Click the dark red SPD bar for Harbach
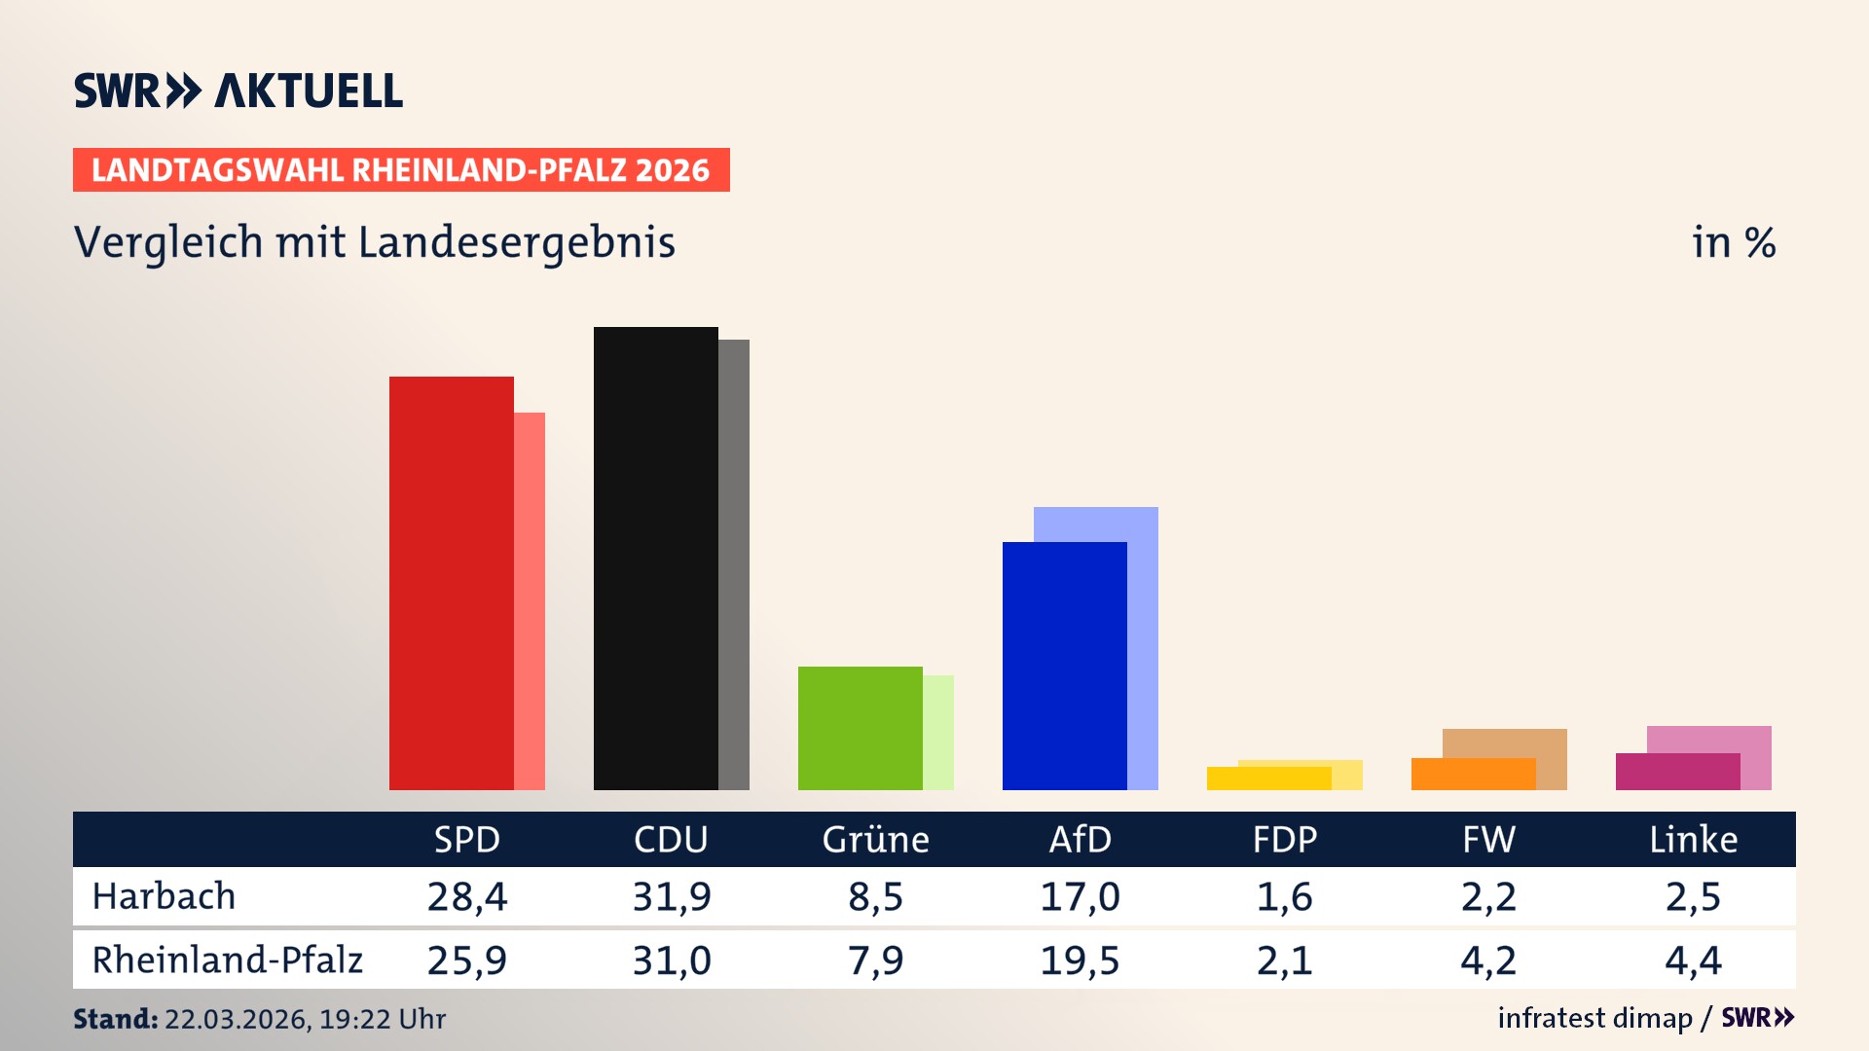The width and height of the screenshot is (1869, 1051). pyautogui.click(x=451, y=584)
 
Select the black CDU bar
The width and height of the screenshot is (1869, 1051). pyautogui.click(x=655, y=560)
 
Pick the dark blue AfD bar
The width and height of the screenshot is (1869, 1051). pyautogui.click(x=1064, y=667)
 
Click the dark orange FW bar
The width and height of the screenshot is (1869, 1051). pyautogui.click(x=1473, y=775)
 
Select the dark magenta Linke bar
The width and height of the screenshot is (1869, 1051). pyautogui.click(x=1677, y=772)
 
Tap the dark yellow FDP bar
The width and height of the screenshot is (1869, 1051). pyautogui.click(x=1268, y=779)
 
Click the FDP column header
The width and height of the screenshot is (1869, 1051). pyautogui.click(x=1284, y=840)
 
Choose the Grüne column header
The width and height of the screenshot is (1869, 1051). pyautogui.click(x=875, y=840)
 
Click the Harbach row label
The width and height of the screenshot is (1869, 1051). pyautogui.click(x=164, y=896)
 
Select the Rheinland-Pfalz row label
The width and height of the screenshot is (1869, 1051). pyautogui.click(x=227, y=960)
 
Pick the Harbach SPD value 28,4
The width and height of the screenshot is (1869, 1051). pyautogui.click(x=466, y=896)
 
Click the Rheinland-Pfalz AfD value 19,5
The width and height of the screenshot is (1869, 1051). pyautogui.click(x=1080, y=960)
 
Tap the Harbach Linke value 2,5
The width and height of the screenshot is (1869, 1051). pyautogui.click(x=1693, y=896)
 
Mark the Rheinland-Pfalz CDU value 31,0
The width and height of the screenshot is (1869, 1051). pyautogui.click(x=671, y=960)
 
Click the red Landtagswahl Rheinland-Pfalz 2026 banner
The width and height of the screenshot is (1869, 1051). pyautogui.click(x=400, y=170)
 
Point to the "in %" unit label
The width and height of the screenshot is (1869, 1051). pyautogui.click(x=1733, y=243)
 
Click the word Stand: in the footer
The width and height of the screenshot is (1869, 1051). pyautogui.click(x=115, y=1019)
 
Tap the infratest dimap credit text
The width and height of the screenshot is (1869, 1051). pyautogui.click(x=1594, y=1018)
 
